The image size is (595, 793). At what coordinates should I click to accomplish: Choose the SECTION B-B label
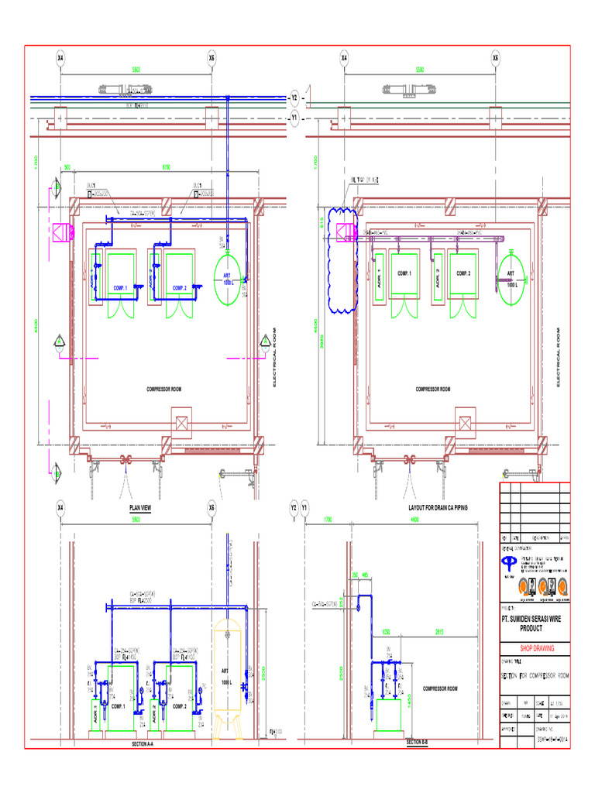pyautogui.click(x=417, y=743)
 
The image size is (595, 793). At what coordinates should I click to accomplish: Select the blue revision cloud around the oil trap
pyautogui.click(x=339, y=259)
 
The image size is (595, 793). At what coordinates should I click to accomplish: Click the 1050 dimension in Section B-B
pyautogui.click(x=386, y=631)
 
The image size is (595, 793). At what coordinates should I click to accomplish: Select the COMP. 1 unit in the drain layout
pyautogui.click(x=404, y=273)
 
